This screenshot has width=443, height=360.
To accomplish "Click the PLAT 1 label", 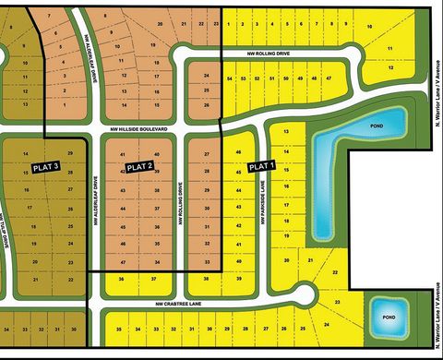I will [x=261, y=166].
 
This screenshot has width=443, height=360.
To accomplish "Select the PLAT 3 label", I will [x=45, y=166].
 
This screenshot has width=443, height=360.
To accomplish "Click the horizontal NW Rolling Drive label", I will [x=269, y=54].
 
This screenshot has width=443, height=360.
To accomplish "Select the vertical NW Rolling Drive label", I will [x=179, y=211].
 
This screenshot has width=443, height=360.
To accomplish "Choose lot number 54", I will [x=230, y=80].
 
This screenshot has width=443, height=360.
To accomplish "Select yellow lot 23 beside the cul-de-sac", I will [x=337, y=302].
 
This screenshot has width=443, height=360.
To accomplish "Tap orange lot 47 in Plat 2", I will [x=123, y=262].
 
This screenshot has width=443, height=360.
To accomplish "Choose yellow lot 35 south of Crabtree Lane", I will [x=118, y=329].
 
